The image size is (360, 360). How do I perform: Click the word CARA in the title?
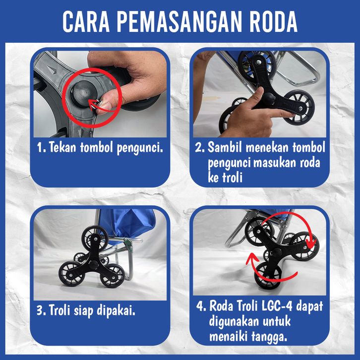click(x=86, y=21)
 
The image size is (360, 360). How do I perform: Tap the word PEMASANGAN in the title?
click(x=180, y=21)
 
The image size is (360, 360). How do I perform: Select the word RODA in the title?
click(x=273, y=21)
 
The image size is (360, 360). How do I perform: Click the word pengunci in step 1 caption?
click(x=140, y=148)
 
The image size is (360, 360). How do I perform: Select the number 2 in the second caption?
click(x=199, y=147)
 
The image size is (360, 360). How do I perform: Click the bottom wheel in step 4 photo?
click(x=268, y=275)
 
